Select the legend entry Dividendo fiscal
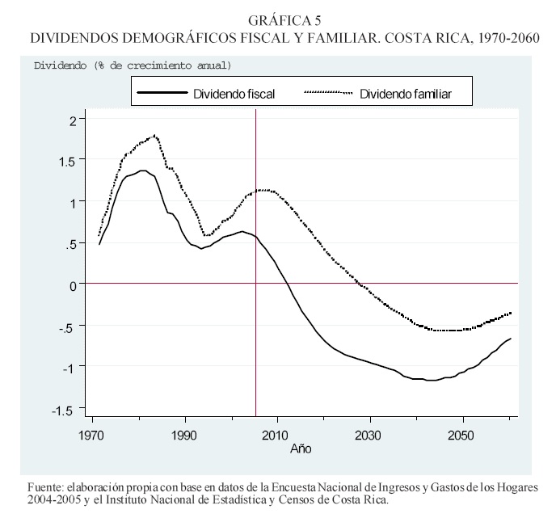pyautogui.click(x=234, y=94)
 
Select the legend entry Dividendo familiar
pyautogui.click(x=405, y=94)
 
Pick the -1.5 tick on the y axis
pyautogui.click(x=65, y=410)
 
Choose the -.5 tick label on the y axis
pyautogui.click(x=66, y=326)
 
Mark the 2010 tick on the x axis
pyautogui.click(x=277, y=434)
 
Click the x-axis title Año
pyautogui.click(x=300, y=448)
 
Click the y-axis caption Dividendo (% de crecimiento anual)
pyautogui.click(x=132, y=65)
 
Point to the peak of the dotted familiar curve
pyautogui.click(x=154, y=136)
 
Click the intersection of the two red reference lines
pyautogui.click(x=255, y=284)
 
